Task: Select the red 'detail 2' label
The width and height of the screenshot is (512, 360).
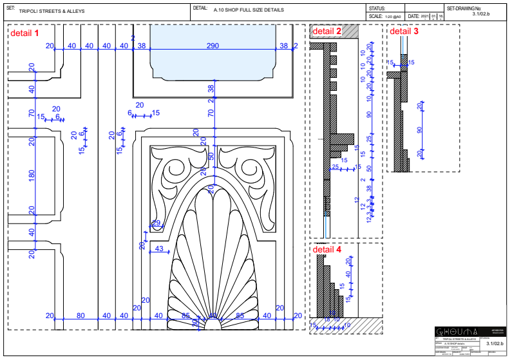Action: point(327,31)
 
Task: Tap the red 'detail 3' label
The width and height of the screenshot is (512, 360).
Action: point(404,31)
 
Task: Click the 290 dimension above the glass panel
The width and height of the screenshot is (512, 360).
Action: point(213,46)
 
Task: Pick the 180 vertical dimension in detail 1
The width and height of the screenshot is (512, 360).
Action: point(31,175)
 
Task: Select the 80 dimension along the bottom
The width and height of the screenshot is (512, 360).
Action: point(81,316)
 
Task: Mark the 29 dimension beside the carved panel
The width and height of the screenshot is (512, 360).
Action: point(156,223)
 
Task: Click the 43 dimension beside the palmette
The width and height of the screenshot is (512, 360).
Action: point(160,249)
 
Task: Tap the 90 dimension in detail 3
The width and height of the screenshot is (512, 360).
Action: point(420,129)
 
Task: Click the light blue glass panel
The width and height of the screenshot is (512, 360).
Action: point(213,58)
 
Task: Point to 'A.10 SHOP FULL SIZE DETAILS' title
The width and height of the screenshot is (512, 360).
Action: point(249,11)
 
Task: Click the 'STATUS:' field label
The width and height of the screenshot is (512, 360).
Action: point(377,8)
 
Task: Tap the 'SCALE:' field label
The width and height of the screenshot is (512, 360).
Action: point(376,16)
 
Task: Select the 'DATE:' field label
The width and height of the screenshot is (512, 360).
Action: point(414,16)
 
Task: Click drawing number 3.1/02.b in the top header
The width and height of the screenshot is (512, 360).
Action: point(480,13)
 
